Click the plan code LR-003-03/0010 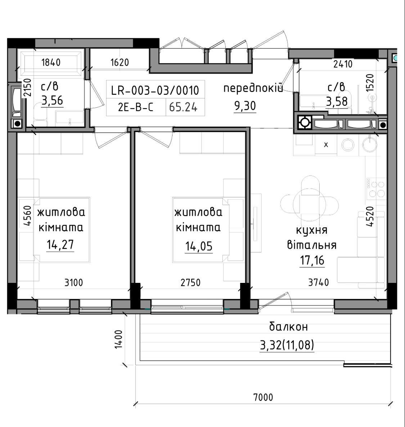point(155,90)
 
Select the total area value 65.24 point(183,107)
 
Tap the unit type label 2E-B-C point(135,107)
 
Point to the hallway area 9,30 point(245,106)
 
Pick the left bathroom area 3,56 point(52,101)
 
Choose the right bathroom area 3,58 point(337,102)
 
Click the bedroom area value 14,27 point(60,245)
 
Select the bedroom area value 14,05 point(199,246)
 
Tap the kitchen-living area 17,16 point(312,261)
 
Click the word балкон point(289,326)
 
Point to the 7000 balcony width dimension point(263,397)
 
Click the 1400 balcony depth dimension point(118,339)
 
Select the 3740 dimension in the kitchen point(319,283)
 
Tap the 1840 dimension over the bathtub point(51,63)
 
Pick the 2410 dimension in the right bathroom point(343,64)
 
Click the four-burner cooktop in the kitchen point(376,187)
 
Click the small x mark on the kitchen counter point(326,144)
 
